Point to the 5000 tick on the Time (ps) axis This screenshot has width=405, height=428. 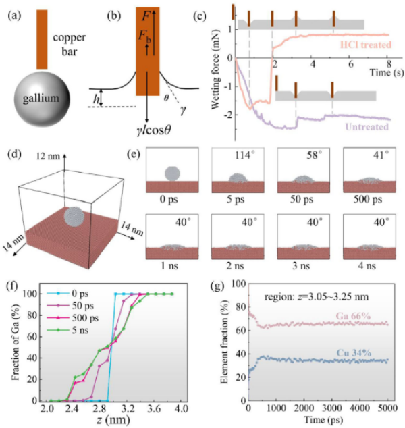click(386, 410)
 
